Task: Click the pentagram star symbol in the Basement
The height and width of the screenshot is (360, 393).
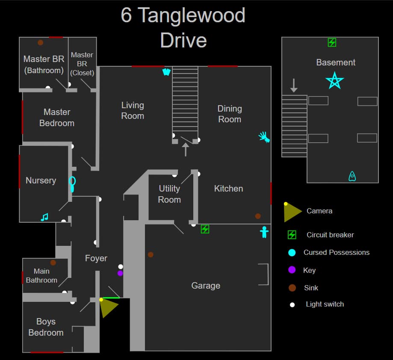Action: pyautogui.click(x=334, y=80)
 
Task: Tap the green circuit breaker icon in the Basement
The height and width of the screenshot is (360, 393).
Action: pyautogui.click(x=332, y=42)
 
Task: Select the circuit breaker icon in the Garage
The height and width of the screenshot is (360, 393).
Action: pyautogui.click(x=205, y=229)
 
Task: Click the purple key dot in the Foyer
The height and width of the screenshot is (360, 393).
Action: pyautogui.click(x=120, y=273)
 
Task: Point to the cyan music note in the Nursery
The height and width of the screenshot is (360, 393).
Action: pyautogui.click(x=44, y=217)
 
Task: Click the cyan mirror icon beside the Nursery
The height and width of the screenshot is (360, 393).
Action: pyautogui.click(x=72, y=184)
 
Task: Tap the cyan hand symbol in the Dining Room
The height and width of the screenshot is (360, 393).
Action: pyautogui.click(x=264, y=137)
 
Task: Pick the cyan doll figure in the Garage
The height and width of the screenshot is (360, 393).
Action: pyautogui.click(x=264, y=232)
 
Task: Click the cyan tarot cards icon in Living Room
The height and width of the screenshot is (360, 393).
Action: pyautogui.click(x=166, y=72)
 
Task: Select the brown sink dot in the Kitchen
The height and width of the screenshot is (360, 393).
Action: pyautogui.click(x=258, y=216)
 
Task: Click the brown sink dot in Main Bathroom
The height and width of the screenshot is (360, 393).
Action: pyautogui.click(x=53, y=263)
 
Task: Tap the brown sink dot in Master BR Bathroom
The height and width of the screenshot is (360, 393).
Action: pyautogui.click(x=40, y=43)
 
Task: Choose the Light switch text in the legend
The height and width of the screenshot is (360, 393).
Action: pyautogui.click(x=325, y=304)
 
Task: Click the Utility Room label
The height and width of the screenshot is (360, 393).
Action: pyautogui.click(x=169, y=194)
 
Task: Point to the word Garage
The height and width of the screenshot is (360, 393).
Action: pyautogui.click(x=206, y=286)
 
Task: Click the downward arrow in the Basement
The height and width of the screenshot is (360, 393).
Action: pyautogui.click(x=294, y=85)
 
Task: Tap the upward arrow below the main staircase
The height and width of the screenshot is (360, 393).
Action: pyautogui.click(x=186, y=150)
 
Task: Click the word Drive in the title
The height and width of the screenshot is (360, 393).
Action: pyautogui.click(x=183, y=40)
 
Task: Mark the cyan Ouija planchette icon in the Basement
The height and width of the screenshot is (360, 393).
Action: pyautogui.click(x=352, y=176)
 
